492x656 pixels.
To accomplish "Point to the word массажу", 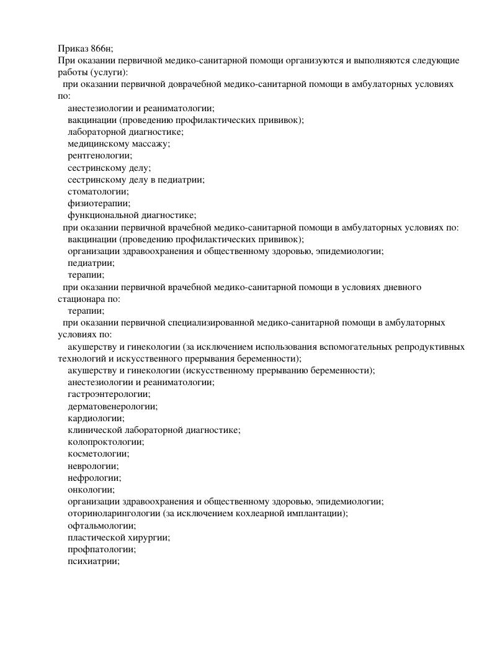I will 149,143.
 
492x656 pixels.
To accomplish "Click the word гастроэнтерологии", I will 109,394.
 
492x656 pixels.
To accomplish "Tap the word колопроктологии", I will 105,442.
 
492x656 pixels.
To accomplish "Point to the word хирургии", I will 149,537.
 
